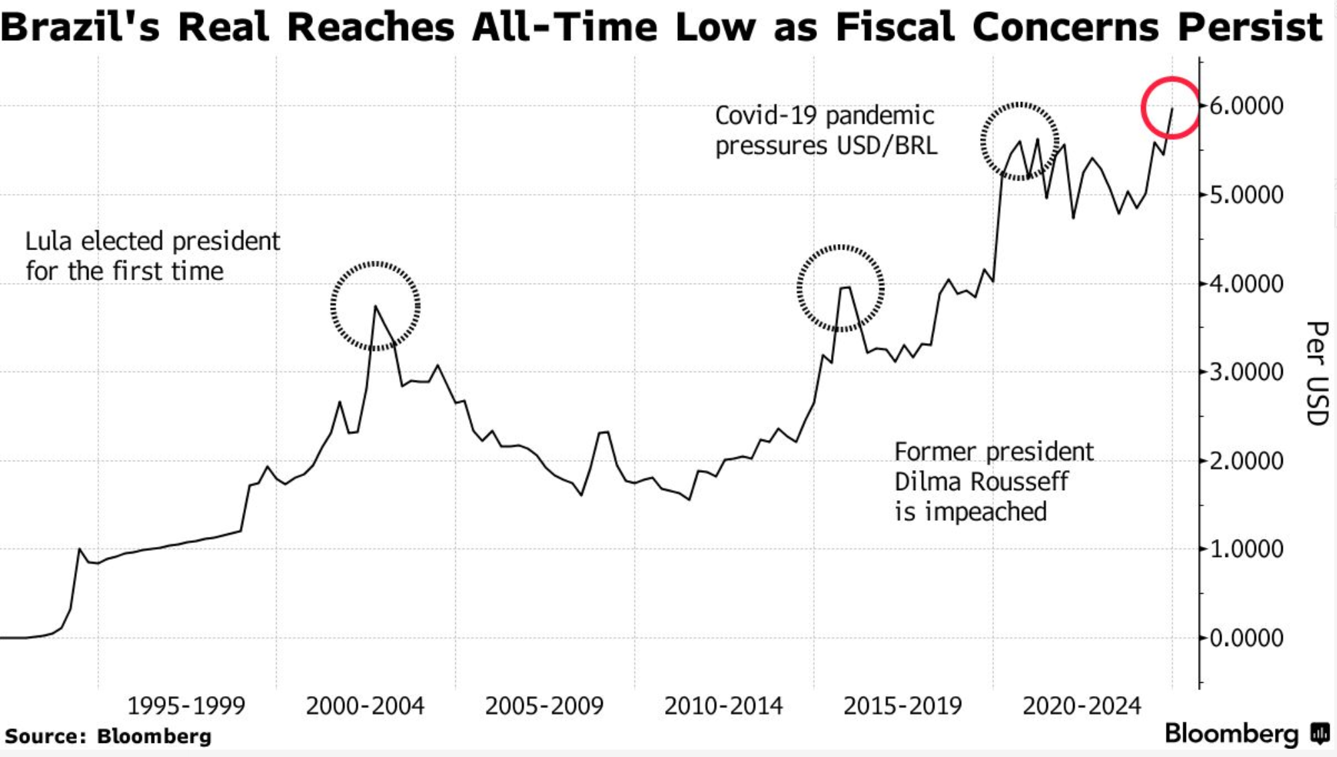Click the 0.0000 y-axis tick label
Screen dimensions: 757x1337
tap(1246, 638)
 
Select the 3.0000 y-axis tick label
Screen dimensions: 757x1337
tap(1246, 372)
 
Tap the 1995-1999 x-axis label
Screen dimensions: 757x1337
tap(187, 706)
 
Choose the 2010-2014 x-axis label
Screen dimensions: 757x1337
tap(723, 706)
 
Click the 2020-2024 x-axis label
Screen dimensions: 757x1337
tap(1082, 706)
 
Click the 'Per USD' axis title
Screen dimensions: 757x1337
tap(1317, 373)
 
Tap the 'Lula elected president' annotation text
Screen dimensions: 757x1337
tap(152, 241)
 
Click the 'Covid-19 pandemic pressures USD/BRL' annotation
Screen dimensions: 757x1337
tap(826, 130)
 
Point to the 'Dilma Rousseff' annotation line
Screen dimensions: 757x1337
tap(981, 481)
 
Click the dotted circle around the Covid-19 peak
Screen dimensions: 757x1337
tap(1019, 141)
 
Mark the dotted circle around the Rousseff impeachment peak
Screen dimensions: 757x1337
tap(840, 288)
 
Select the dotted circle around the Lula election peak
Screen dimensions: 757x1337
tap(375, 306)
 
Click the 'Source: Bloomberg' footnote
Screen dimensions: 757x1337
tap(108, 736)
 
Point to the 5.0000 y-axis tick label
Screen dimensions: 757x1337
tap(1246, 195)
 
